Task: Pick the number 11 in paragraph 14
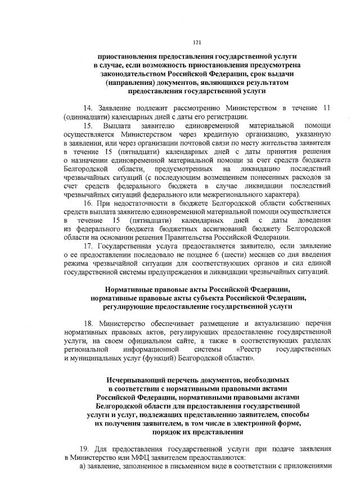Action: [327, 107]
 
